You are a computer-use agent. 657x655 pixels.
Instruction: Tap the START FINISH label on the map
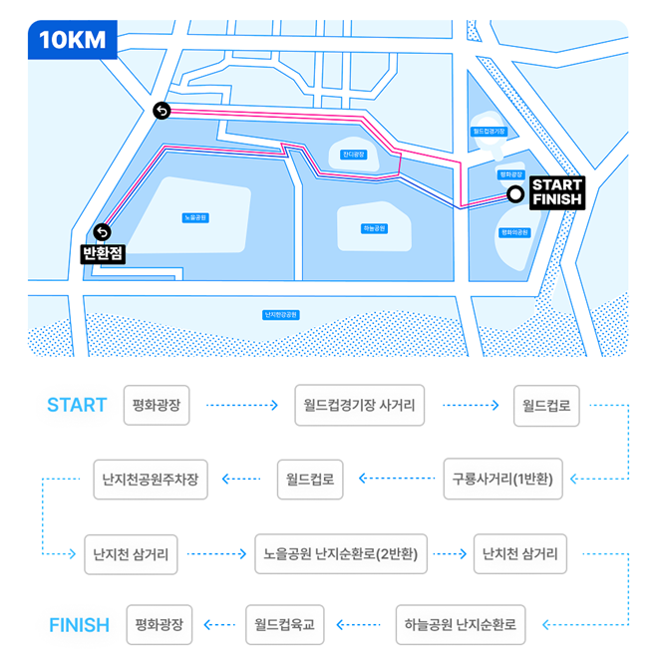click(x=556, y=191)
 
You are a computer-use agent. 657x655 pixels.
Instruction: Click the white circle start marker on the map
click(x=514, y=194)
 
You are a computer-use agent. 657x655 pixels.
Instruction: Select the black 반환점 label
click(x=103, y=253)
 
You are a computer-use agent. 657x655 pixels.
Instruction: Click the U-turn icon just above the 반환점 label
click(x=102, y=232)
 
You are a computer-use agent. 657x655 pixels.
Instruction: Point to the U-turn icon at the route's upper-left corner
click(x=162, y=111)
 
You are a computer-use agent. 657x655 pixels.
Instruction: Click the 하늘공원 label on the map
click(x=374, y=228)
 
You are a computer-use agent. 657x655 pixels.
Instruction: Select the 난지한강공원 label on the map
click(x=281, y=314)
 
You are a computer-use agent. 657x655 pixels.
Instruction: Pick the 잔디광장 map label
click(x=354, y=155)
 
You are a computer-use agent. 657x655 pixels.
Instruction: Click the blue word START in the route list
click(x=77, y=405)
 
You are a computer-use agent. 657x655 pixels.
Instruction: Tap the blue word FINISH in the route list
click(x=79, y=625)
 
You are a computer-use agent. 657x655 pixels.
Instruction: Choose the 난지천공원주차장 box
click(x=151, y=479)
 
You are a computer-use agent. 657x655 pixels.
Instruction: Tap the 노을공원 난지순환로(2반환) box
click(x=341, y=552)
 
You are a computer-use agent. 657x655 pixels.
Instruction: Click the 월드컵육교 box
click(x=285, y=625)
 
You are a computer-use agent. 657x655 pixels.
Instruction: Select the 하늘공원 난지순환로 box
click(x=461, y=625)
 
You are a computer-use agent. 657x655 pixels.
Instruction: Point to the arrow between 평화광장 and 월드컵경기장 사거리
click(x=241, y=406)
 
